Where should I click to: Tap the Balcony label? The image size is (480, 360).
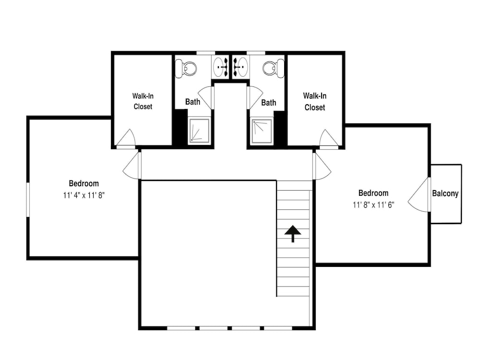[x=445, y=193]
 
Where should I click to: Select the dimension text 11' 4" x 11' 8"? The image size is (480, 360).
[x=84, y=195]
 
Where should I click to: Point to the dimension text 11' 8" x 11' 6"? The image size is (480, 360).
[x=373, y=205]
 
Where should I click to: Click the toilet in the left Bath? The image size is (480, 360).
[x=186, y=69]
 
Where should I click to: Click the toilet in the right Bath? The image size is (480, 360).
[x=273, y=69]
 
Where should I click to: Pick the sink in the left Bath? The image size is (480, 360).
[x=220, y=67]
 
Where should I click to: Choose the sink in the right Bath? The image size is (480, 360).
[x=240, y=67]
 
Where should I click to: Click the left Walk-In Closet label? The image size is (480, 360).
[x=143, y=101]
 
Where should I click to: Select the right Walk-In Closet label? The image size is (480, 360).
[x=315, y=102]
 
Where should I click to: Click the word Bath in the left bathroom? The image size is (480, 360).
[x=192, y=102]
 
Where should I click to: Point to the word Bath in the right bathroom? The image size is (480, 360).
[x=268, y=103]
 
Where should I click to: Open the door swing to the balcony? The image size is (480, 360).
[x=418, y=195]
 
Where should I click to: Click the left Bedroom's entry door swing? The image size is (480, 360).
[x=131, y=166]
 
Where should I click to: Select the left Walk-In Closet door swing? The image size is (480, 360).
[x=126, y=138]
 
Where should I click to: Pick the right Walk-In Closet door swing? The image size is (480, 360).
[x=329, y=139]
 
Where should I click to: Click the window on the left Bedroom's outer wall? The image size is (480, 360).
[x=28, y=200]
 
